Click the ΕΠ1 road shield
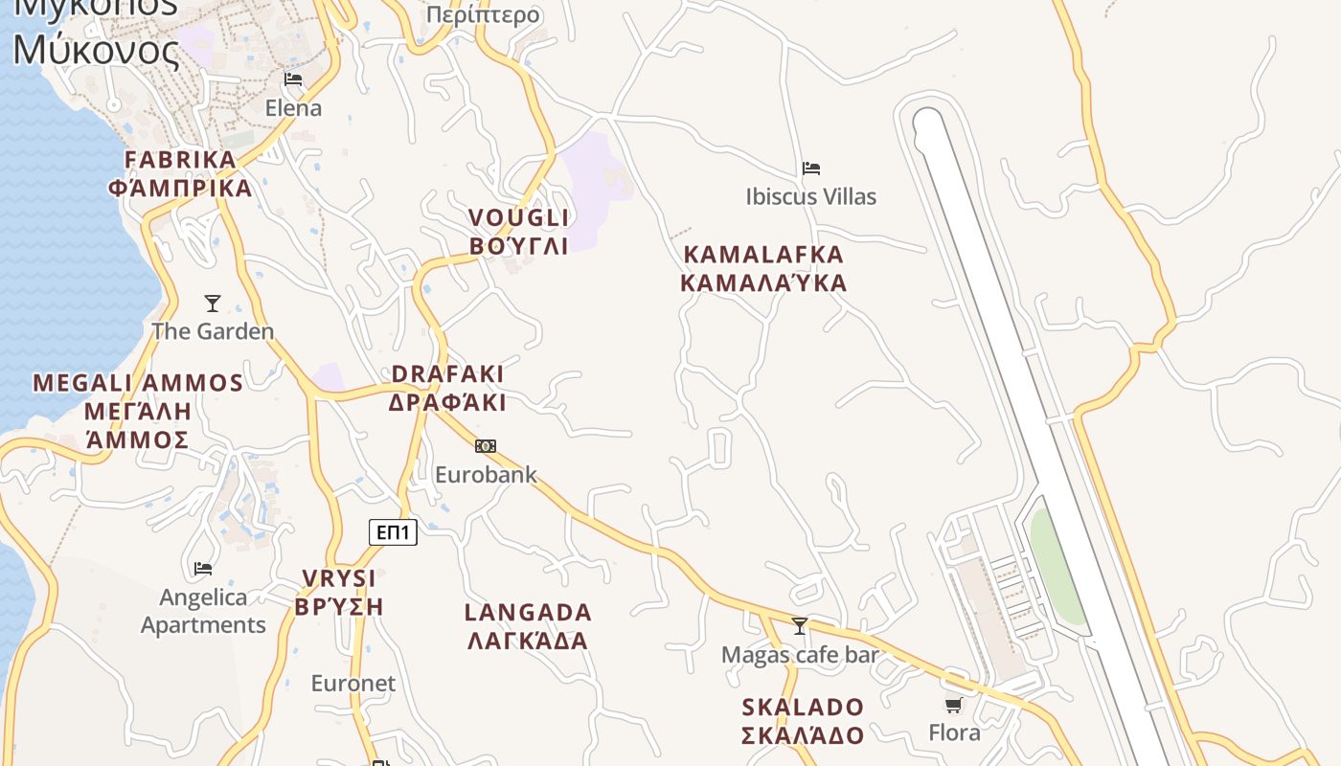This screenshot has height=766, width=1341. tap(393, 532)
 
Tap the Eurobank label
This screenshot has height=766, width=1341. tap(486, 475)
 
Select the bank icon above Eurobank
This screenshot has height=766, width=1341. tap(486, 446)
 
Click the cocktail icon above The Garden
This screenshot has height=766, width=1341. tap(213, 304)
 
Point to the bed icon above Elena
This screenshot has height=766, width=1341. tap(293, 79)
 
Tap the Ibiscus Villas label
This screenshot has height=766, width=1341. tap(810, 197)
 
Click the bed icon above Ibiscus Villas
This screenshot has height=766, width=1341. tap(811, 169)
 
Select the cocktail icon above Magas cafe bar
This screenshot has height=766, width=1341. tap(800, 626)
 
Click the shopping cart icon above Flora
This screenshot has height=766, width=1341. tap(953, 706)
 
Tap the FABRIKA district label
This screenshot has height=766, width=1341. tap(180, 173)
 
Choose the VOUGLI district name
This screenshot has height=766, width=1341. tap(519, 232)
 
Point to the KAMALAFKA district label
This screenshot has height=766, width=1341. tap(763, 269)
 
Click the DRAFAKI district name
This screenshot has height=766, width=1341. tap(447, 388)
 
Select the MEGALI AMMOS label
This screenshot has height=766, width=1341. tap(138, 411)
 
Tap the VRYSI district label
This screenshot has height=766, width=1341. tap(339, 593)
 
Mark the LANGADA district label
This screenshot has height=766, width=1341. tap(528, 626)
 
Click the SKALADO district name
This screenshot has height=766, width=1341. tap(803, 721)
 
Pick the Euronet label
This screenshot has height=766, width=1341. tap(352, 684)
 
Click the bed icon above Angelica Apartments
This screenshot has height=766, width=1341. tap(203, 569)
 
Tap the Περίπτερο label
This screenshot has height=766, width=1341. tap(483, 15)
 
